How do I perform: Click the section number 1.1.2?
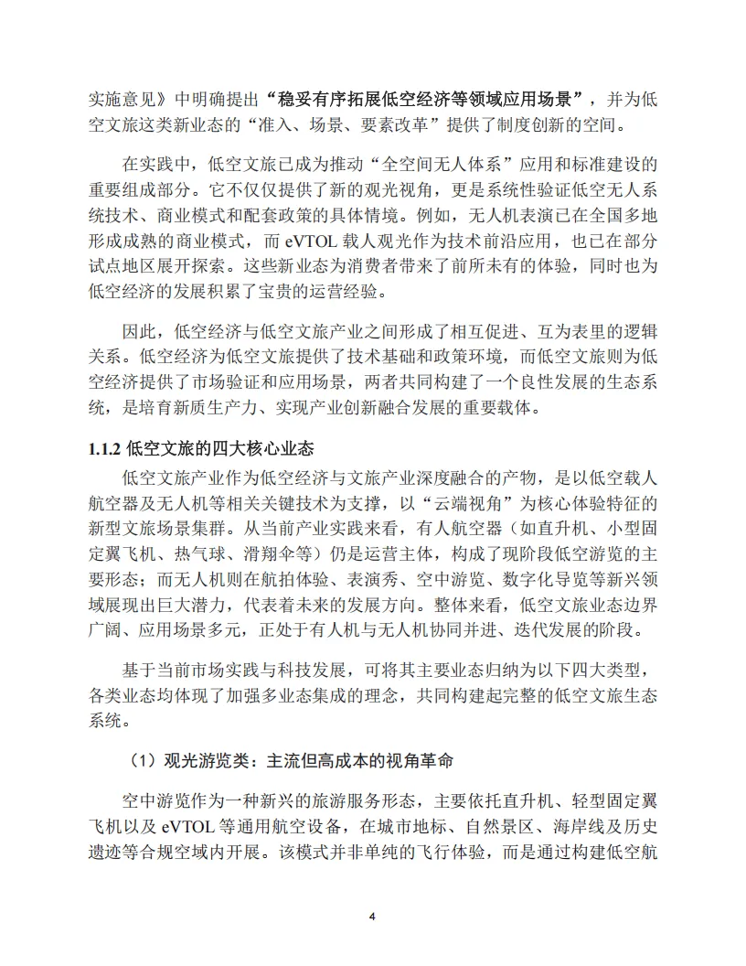coord(104,449)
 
